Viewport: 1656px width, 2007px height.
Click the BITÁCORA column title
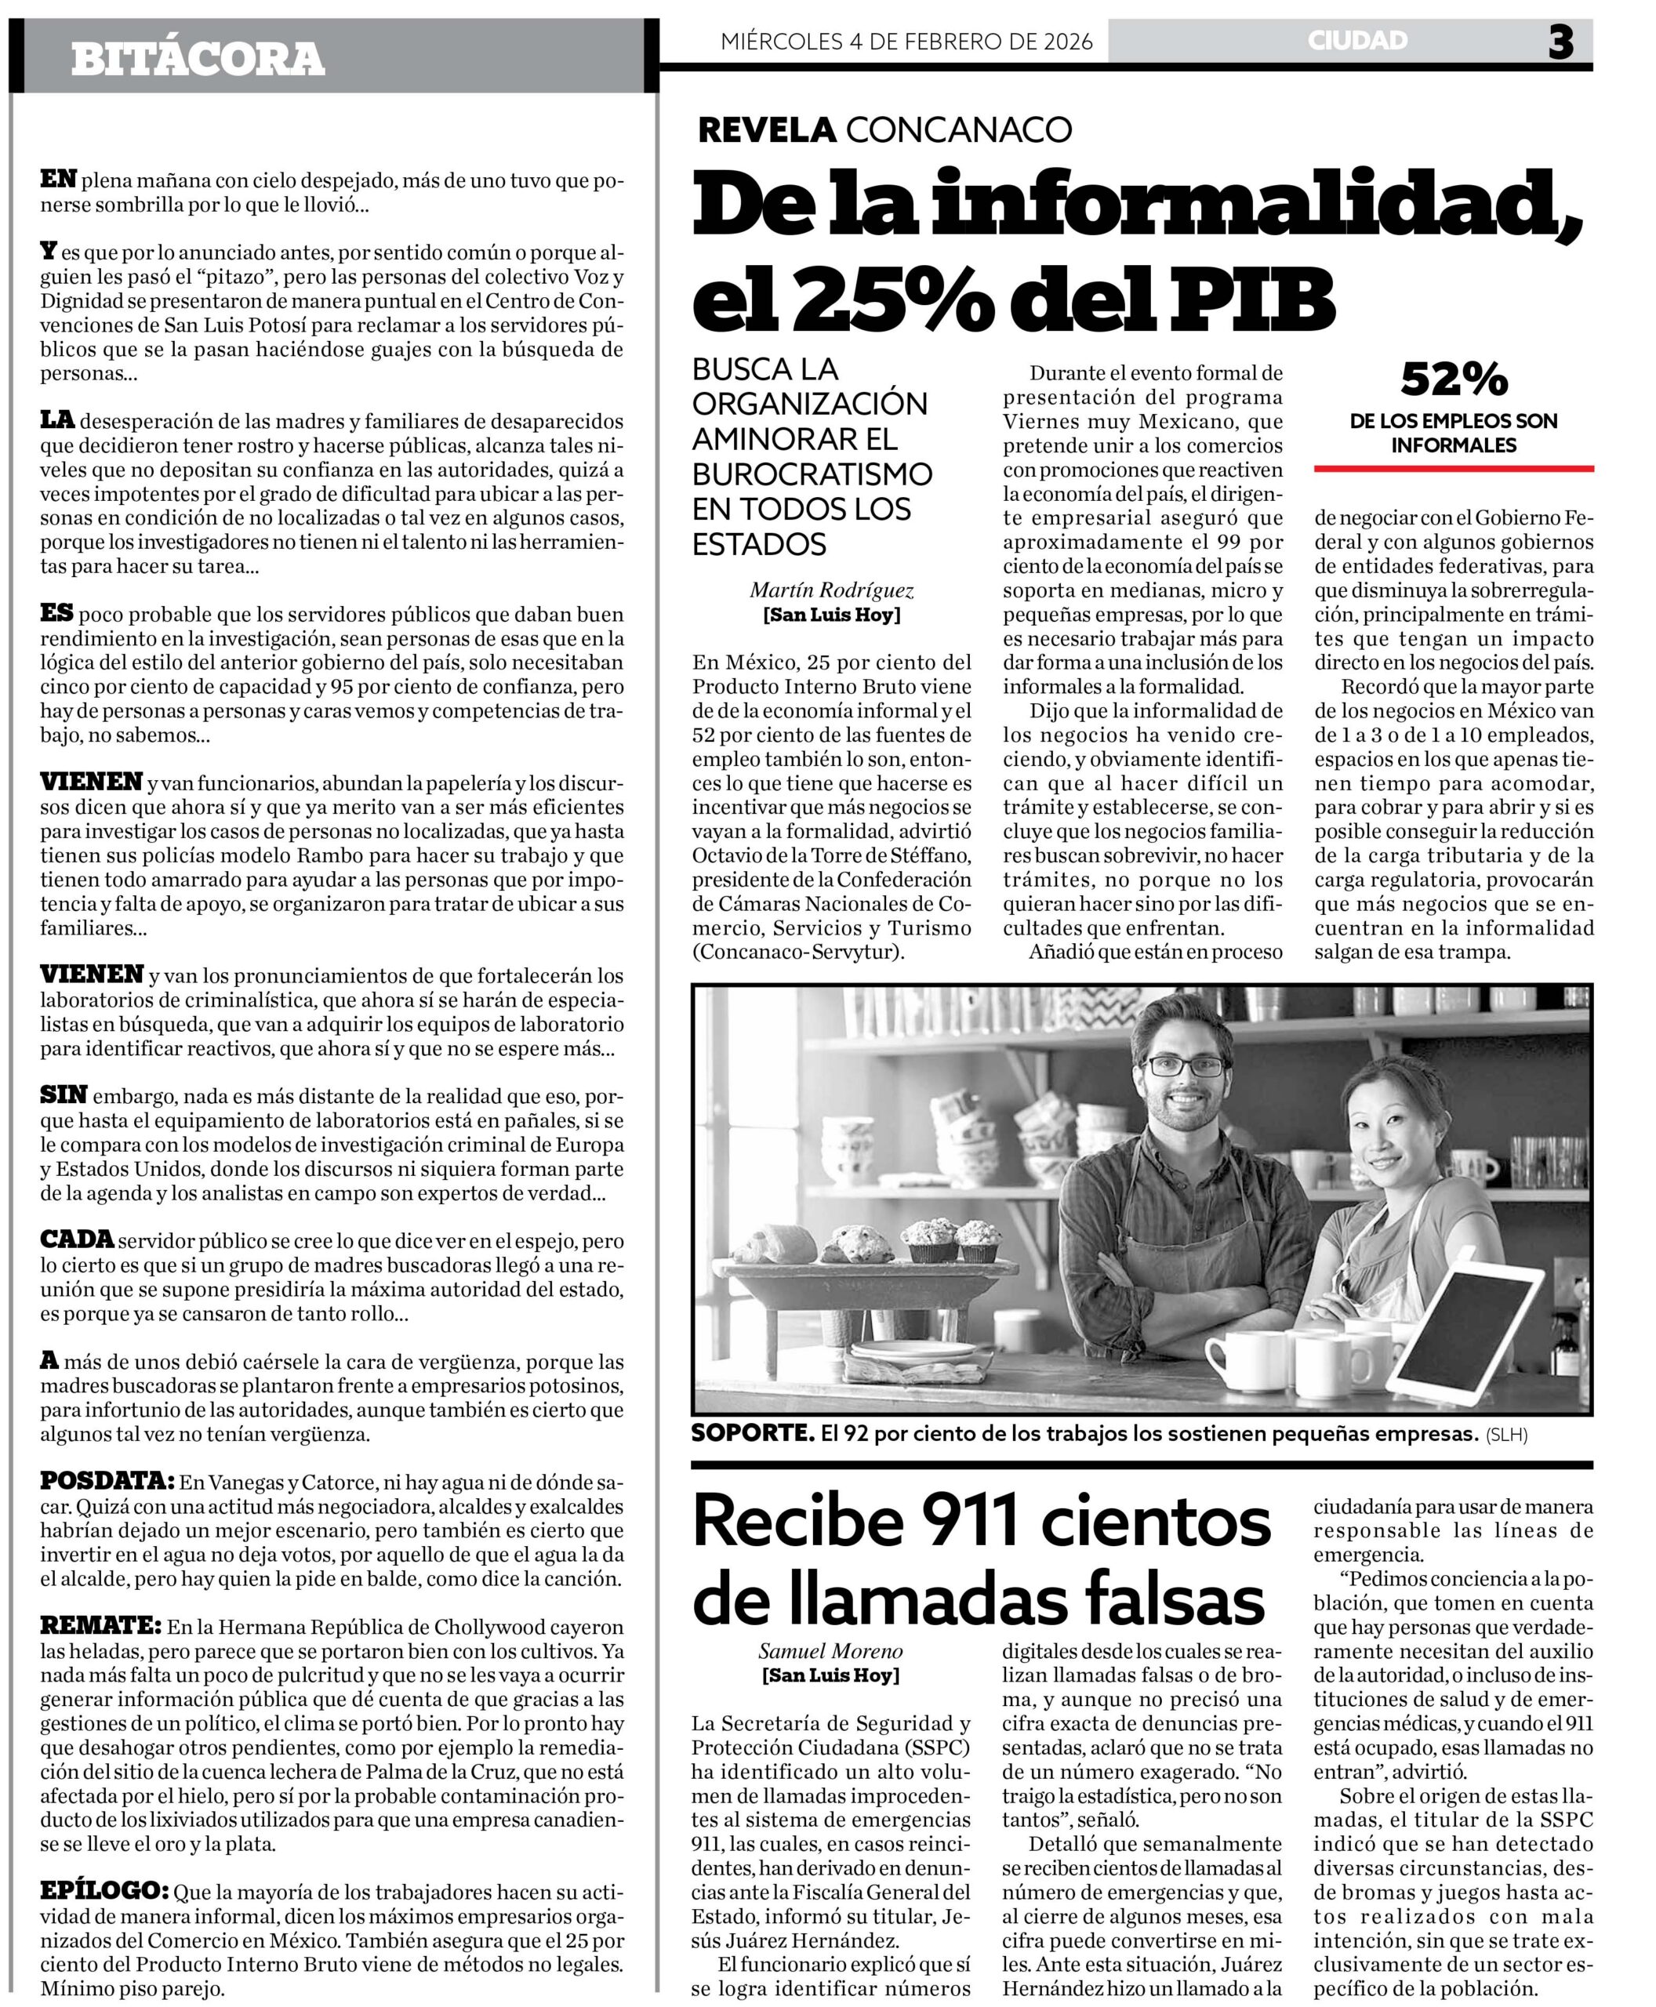(198, 59)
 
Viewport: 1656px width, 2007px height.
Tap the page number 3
(1560, 42)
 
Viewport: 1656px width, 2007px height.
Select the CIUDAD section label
(1357, 40)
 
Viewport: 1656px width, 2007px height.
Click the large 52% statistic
(1454, 379)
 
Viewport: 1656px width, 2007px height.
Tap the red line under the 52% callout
(1454, 468)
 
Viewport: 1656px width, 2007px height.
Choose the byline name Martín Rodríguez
(831, 590)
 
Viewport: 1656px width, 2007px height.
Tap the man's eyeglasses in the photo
(1183, 1065)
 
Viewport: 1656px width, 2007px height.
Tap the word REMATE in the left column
(100, 1625)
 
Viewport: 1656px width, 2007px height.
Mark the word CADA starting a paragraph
(76, 1239)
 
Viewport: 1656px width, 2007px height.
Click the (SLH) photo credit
(1506, 1435)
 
